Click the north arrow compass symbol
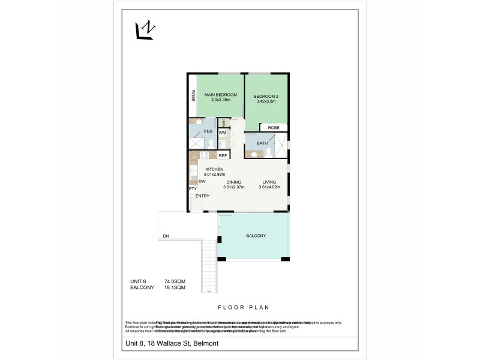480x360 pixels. (145, 31)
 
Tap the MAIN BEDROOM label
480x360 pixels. (220, 95)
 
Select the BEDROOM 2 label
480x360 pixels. (266, 97)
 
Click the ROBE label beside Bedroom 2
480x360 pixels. (273, 128)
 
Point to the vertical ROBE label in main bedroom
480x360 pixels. (193, 95)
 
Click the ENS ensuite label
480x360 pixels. (208, 131)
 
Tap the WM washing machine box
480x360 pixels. (222, 133)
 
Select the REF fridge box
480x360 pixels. (222, 155)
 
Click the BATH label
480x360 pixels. (262, 143)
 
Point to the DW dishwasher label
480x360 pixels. (202, 181)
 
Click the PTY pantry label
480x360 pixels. (193, 189)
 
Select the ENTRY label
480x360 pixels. (202, 196)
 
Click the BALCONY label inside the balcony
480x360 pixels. (256, 236)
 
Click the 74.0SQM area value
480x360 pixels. (175, 281)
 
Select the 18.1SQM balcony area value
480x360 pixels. (175, 287)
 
